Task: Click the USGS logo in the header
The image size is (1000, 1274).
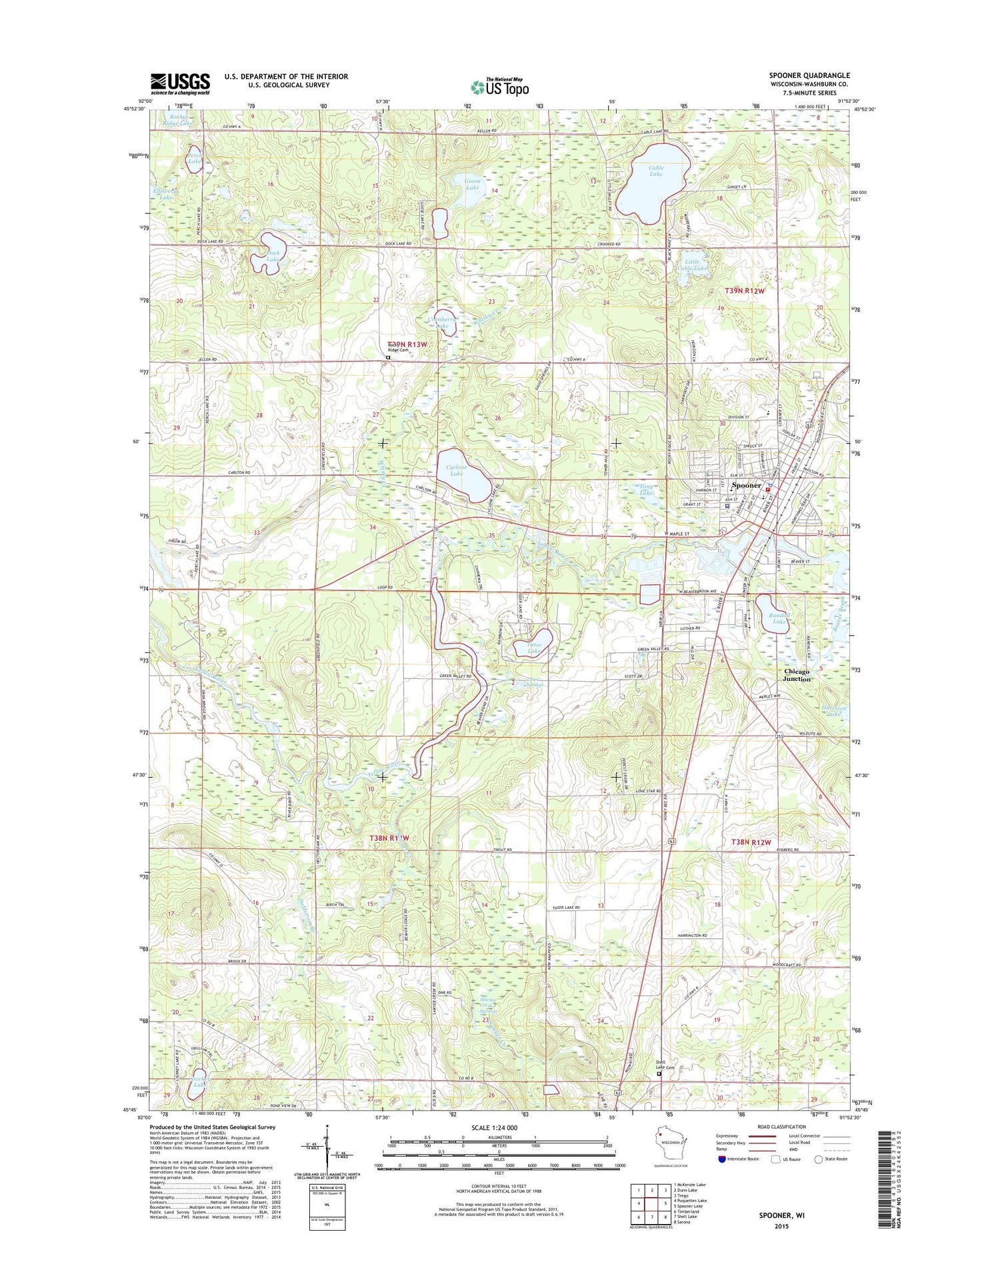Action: [x=180, y=83]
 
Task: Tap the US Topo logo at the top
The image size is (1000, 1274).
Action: [x=500, y=87]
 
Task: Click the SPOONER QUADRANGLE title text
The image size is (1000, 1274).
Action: [x=809, y=75]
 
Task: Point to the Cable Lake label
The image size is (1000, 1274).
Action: [x=656, y=171]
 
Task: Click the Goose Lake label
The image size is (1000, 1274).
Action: [x=472, y=184]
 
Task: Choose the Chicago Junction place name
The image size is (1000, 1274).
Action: [x=797, y=675]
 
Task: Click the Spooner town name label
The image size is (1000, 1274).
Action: [x=746, y=485]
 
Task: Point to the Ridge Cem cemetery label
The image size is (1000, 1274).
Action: [x=399, y=350]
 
